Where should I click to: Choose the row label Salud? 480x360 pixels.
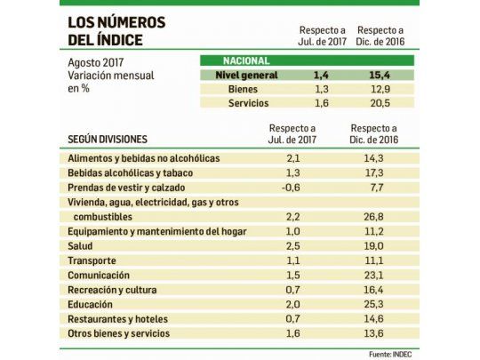click(81, 245)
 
